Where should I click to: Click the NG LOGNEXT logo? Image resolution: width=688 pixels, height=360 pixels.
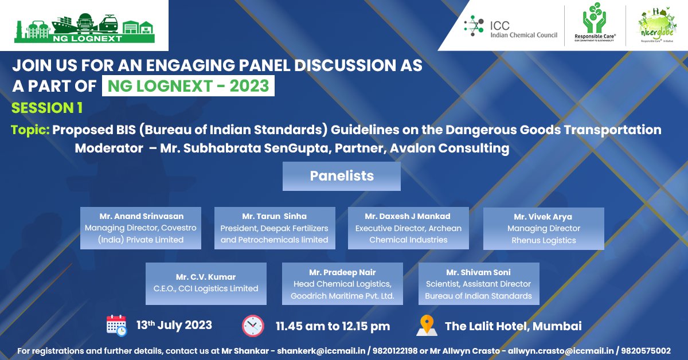(84, 26)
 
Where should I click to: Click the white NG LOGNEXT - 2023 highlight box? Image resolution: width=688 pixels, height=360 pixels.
(188, 85)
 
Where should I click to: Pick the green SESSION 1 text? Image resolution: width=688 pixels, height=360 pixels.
(47, 108)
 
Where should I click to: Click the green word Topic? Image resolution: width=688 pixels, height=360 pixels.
(30, 130)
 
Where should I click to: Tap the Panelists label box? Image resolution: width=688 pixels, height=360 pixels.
(342, 176)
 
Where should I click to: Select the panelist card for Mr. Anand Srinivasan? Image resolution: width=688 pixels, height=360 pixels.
(140, 228)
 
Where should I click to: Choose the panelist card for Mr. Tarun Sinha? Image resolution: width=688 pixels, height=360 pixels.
(275, 228)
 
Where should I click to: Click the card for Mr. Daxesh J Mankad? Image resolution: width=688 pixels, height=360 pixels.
(408, 228)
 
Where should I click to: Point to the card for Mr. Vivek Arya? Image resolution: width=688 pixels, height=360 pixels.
(544, 229)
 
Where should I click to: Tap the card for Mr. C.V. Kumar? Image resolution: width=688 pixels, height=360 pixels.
(206, 283)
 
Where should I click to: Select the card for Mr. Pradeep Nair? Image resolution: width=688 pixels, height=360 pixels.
(342, 283)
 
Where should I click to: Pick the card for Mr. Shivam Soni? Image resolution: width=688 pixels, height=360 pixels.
(479, 283)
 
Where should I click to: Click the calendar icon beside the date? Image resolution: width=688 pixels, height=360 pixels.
(116, 325)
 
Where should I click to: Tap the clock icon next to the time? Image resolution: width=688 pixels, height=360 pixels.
(253, 326)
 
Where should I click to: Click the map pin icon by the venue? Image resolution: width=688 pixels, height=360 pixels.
(426, 326)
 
